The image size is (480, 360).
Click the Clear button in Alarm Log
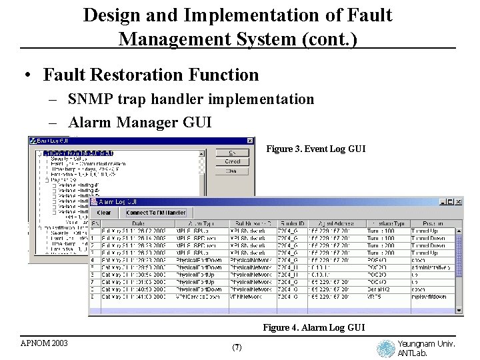[x=103, y=213]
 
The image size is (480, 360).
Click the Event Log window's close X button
[x=251, y=141]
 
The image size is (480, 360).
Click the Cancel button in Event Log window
[x=232, y=161]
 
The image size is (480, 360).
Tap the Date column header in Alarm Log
[x=139, y=223]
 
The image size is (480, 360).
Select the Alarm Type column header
[x=201, y=223]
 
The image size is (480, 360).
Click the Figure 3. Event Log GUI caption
[x=315, y=149]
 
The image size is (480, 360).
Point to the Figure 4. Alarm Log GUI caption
[x=313, y=327]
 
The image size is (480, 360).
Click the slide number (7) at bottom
[x=237, y=347]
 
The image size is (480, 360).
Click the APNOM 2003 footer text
[x=44, y=343]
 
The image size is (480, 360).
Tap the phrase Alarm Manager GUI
[x=139, y=122]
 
